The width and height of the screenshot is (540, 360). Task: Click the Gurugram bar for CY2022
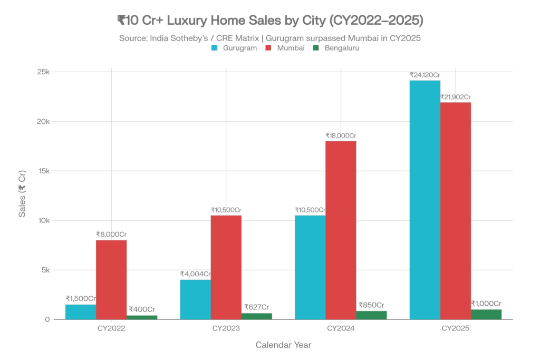click(x=81, y=312)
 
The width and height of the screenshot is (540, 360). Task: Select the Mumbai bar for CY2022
click(x=111, y=279)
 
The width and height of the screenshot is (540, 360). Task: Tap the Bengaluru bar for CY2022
click(x=142, y=317)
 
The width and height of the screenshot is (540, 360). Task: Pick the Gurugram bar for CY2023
click(x=195, y=299)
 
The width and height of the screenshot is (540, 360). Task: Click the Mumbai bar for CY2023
click(x=226, y=267)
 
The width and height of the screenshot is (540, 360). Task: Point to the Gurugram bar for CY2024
click(x=310, y=267)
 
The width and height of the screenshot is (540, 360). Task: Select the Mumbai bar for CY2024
click(x=341, y=230)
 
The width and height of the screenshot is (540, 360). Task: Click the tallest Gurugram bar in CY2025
click(x=425, y=200)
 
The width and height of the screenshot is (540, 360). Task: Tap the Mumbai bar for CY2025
click(x=456, y=210)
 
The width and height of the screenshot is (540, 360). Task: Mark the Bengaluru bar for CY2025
click(x=486, y=314)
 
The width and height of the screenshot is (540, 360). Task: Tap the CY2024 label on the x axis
click(x=341, y=328)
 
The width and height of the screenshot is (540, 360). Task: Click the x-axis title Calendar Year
click(x=283, y=345)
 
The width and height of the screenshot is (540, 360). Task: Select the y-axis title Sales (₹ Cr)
click(x=22, y=194)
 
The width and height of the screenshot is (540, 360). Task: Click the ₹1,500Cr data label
click(x=80, y=298)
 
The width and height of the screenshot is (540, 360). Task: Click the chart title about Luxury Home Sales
click(x=269, y=21)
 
